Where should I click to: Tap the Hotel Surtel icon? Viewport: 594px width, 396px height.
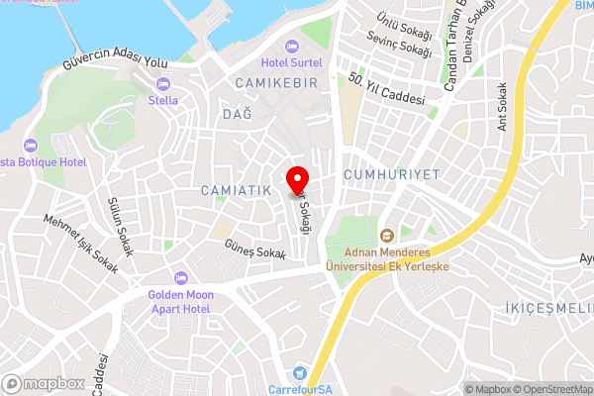(x=290, y=47)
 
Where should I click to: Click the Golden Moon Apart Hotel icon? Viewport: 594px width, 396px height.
(x=179, y=278)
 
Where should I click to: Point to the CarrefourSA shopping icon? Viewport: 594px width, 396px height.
(x=299, y=373)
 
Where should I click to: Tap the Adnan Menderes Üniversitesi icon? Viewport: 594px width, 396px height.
(x=387, y=236)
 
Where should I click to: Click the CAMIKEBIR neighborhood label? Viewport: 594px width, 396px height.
(x=276, y=83)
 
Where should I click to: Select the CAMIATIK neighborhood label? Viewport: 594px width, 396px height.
(x=236, y=189)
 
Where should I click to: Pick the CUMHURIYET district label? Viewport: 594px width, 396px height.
(x=391, y=174)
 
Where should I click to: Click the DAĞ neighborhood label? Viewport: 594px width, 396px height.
(x=238, y=115)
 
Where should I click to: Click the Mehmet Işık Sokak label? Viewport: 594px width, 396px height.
(x=80, y=243)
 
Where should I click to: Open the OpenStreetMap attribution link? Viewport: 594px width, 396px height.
(x=548, y=389)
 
